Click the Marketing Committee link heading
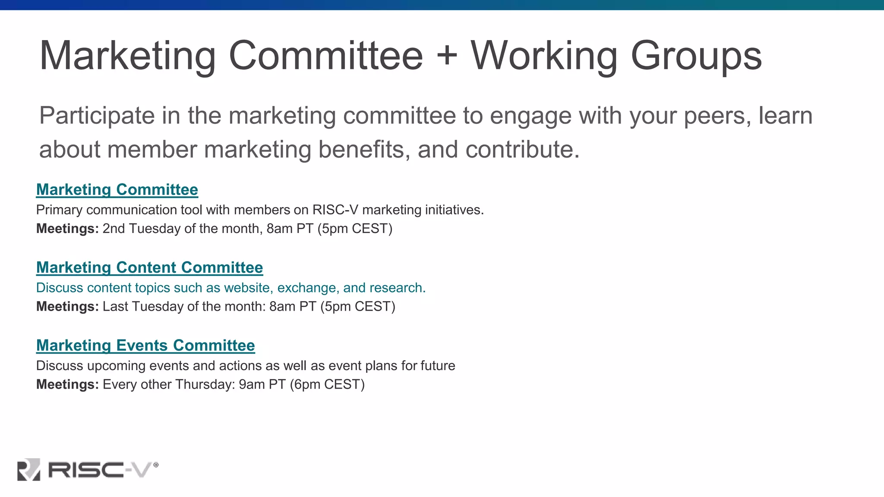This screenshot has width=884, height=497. tap(117, 190)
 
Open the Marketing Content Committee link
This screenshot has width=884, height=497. tap(149, 267)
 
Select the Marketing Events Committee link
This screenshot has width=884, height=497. tap(145, 346)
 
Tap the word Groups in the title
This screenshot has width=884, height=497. tap(696, 57)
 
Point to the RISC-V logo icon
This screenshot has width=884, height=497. tap(28, 469)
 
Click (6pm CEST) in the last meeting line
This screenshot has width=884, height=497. tap(327, 384)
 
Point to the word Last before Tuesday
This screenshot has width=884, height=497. tap(115, 307)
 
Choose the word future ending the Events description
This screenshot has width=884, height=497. tap(438, 366)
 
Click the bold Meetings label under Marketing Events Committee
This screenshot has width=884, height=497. tap(67, 384)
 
